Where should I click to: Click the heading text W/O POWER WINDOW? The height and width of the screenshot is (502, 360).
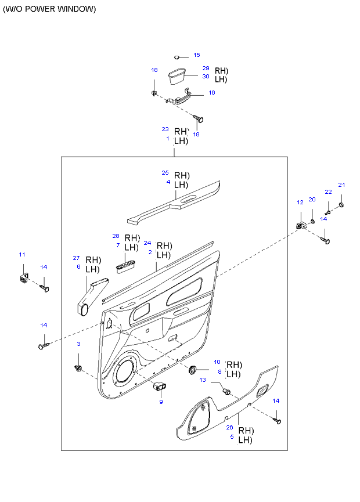pos(49,9)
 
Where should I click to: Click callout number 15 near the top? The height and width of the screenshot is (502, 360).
pos(197,55)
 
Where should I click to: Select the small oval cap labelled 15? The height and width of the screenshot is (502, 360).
pos(177,57)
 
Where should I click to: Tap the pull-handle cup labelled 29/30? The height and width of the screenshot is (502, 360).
pos(177,76)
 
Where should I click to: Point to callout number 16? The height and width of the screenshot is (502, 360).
pos(212,92)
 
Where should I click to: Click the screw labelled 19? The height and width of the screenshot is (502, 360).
pos(199,119)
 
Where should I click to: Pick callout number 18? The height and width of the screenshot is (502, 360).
pos(154,70)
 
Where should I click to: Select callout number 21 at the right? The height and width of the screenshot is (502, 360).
pos(342,185)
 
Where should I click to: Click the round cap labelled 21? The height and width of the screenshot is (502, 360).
pos(341,204)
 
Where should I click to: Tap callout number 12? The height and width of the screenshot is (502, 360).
pos(300,203)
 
